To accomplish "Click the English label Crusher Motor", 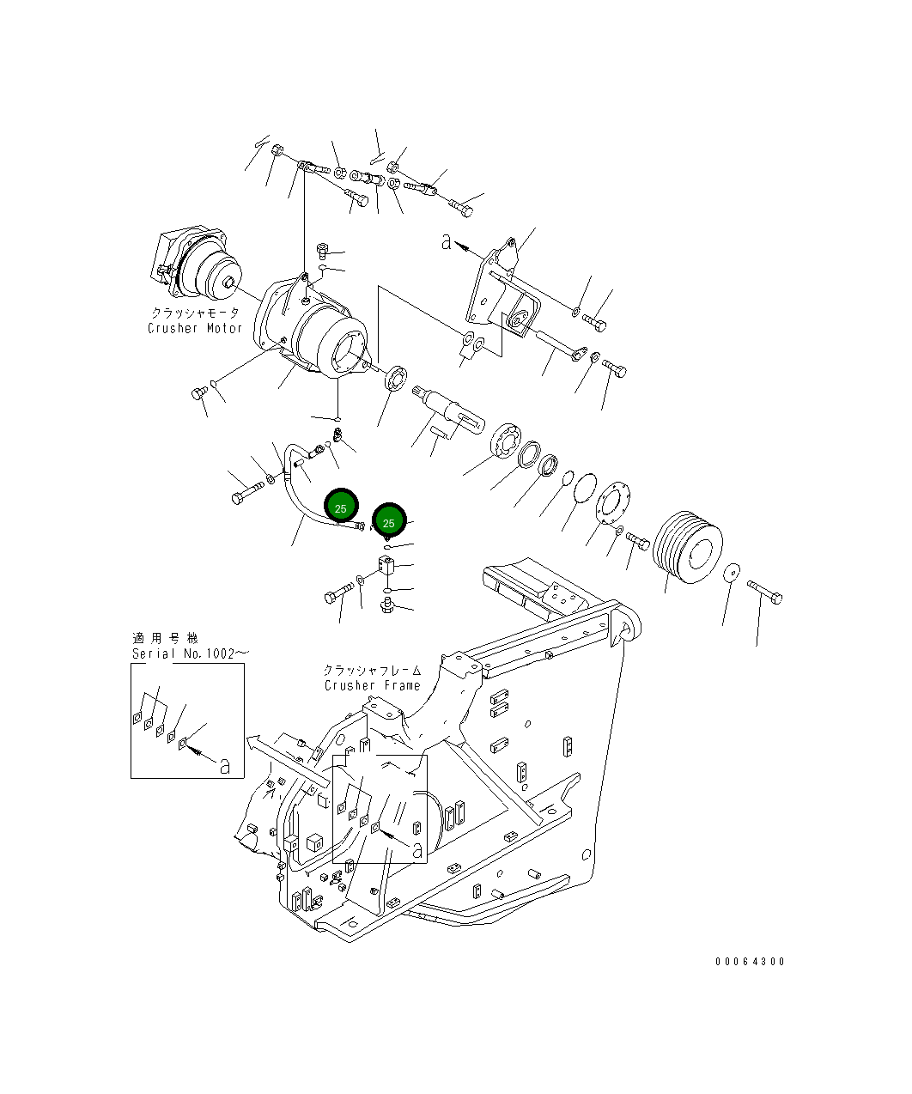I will tap(195, 328).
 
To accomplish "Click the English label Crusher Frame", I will tap(373, 685).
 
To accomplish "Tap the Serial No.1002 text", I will tap(190, 653).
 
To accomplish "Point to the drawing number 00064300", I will tap(750, 962).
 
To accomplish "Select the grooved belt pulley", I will tap(688, 550).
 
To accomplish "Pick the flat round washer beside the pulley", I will tap(732, 574).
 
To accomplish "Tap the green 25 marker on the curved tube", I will tap(341, 507).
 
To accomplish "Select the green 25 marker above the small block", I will tap(389, 521).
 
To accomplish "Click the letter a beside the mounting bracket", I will tap(446, 242).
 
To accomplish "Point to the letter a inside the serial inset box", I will tap(224, 765).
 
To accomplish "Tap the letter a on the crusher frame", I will tap(417, 850).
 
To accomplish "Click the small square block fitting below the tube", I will tap(386, 566).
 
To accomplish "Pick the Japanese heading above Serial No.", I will tap(165, 638).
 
